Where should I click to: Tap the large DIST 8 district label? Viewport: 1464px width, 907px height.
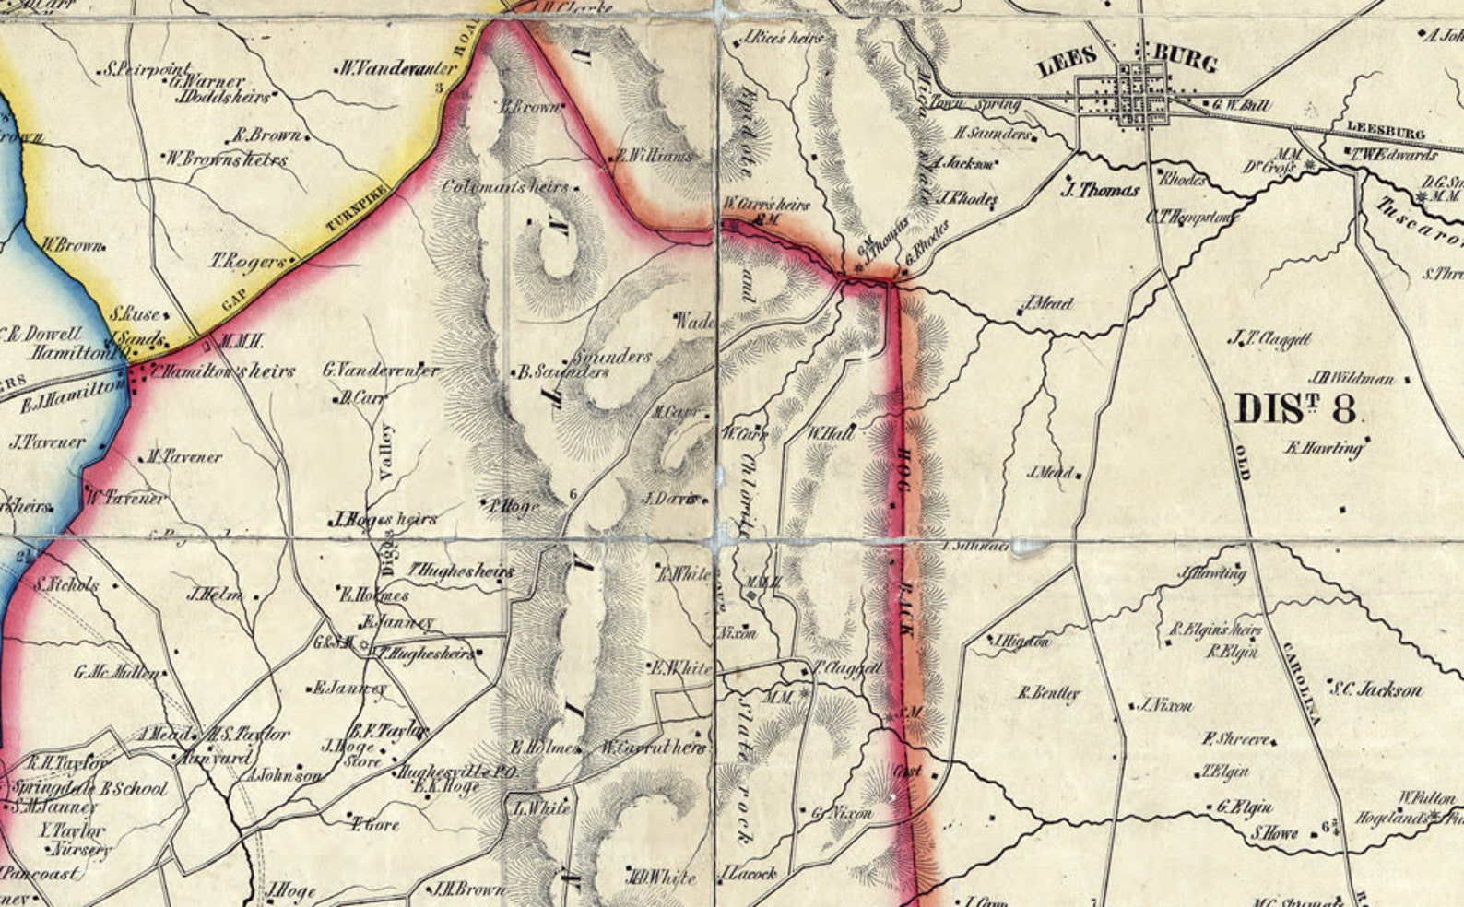1295,407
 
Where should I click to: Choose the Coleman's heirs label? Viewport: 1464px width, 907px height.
505,186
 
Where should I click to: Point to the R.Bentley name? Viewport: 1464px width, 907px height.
1048,692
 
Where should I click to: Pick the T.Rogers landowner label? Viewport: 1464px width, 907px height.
249,262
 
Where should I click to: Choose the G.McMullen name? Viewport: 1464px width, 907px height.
116,672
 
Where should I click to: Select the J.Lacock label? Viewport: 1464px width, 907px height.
749,872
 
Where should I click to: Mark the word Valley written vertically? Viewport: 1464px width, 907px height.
386,452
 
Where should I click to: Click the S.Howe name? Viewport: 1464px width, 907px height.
1275,833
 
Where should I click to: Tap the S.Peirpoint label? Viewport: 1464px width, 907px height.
148,68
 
